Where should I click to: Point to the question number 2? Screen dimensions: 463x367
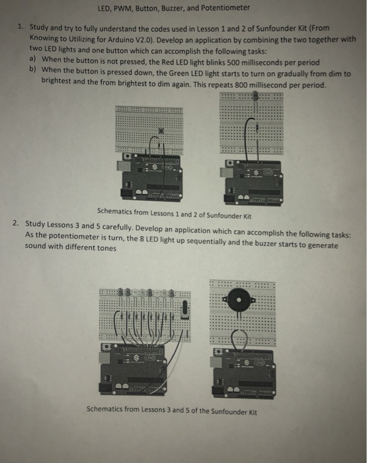16,224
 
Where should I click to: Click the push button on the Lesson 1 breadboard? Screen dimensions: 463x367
151,132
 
